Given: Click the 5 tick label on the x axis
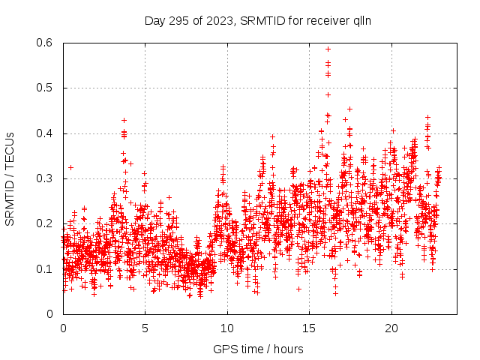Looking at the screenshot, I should click(x=145, y=328).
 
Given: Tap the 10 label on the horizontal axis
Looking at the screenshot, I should click(x=227, y=328).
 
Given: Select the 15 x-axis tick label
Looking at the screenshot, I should click(x=309, y=328).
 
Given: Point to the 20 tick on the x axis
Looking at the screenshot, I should click(x=391, y=328).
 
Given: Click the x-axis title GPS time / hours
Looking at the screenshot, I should click(x=259, y=349).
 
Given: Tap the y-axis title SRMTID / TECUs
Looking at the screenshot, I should click(x=10, y=178).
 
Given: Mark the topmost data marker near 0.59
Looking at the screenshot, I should click(x=328, y=49).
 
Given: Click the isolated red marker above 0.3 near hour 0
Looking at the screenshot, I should click(x=70, y=167).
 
